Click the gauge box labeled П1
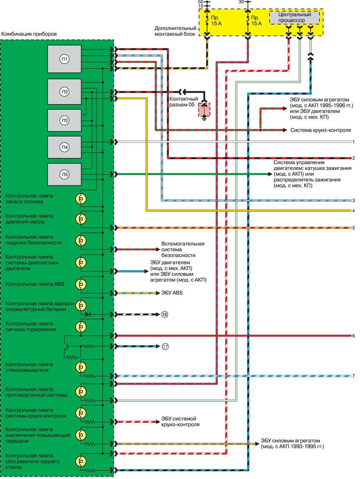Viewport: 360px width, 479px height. coord(64,59)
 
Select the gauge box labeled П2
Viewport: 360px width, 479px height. coord(64,91)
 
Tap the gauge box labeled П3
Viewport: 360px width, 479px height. coord(64,121)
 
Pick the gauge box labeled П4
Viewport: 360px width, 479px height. coord(64,147)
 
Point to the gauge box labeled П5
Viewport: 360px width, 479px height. coord(64,174)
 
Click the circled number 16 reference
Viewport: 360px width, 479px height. coord(164,315)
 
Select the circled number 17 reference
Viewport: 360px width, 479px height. coord(164,346)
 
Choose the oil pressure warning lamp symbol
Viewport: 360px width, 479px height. coord(81,219)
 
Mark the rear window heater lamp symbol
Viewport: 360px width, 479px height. coord(81,461)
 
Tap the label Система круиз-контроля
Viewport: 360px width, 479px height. coord(321,130)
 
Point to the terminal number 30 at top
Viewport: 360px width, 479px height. coord(241,2)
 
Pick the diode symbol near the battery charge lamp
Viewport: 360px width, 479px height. coord(88,315)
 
